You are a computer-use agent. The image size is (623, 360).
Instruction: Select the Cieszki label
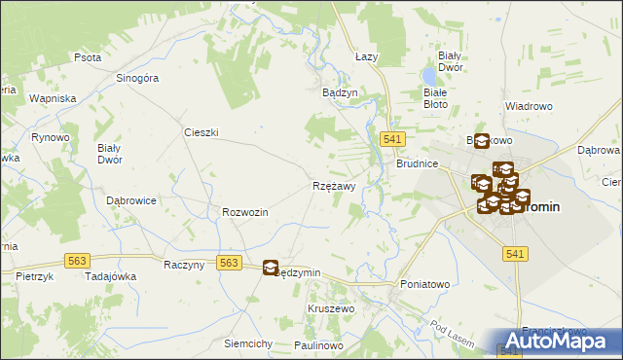[201, 131]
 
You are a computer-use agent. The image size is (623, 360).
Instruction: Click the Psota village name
[88, 57]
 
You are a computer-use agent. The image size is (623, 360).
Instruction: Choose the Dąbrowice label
[131, 199]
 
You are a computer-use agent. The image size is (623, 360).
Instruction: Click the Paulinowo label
[319, 345]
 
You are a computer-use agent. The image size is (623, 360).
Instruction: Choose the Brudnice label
[417, 164]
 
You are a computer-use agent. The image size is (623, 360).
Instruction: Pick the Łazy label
[366, 57]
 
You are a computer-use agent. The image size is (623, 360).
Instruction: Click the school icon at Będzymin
[271, 268]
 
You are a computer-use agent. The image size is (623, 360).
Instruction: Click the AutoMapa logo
[560, 342]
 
